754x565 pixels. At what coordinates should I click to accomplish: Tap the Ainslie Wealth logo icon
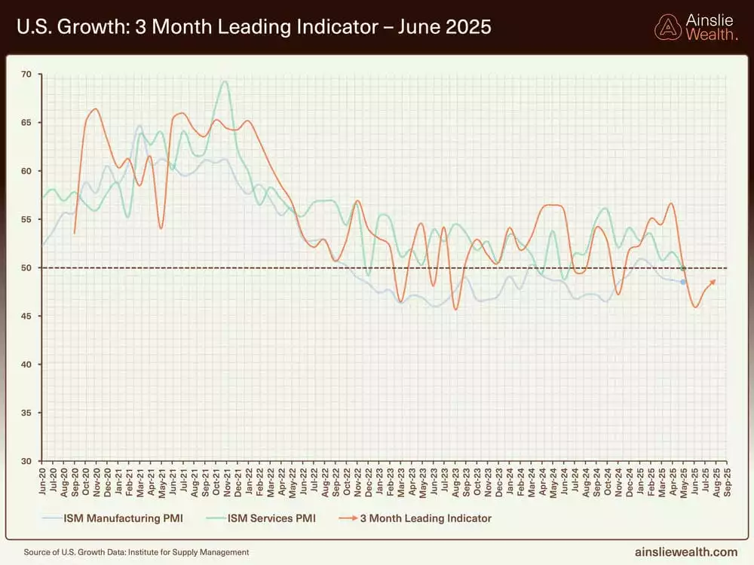(667, 26)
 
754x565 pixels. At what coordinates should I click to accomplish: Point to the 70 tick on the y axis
(26, 75)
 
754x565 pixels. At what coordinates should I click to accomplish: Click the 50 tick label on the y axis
(26, 268)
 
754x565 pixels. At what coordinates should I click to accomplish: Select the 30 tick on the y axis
(26, 461)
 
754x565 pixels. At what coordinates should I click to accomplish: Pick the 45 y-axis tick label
(26, 316)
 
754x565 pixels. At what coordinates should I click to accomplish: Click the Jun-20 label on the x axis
(43, 480)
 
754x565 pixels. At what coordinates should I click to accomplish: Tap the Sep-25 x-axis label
(726, 480)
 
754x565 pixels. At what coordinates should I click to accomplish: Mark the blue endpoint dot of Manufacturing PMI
(683, 282)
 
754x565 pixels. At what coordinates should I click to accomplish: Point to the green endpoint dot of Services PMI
(683, 268)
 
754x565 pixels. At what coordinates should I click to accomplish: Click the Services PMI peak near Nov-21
(225, 81)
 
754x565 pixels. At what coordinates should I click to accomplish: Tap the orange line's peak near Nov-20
(95, 109)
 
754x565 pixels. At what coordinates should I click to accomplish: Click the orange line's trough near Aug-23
(455, 309)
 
